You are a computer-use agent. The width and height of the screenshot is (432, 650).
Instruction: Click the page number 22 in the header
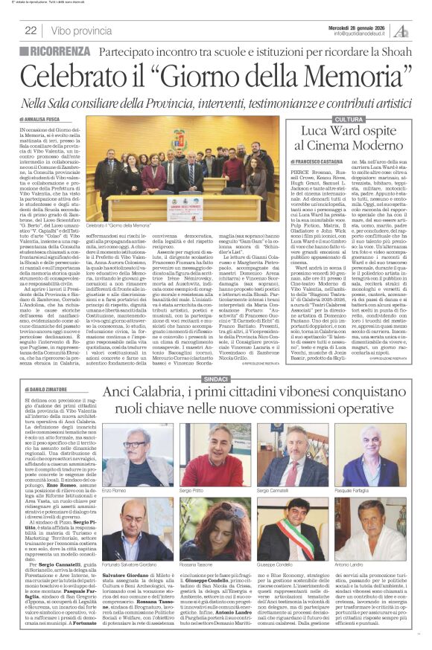tap(31, 30)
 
